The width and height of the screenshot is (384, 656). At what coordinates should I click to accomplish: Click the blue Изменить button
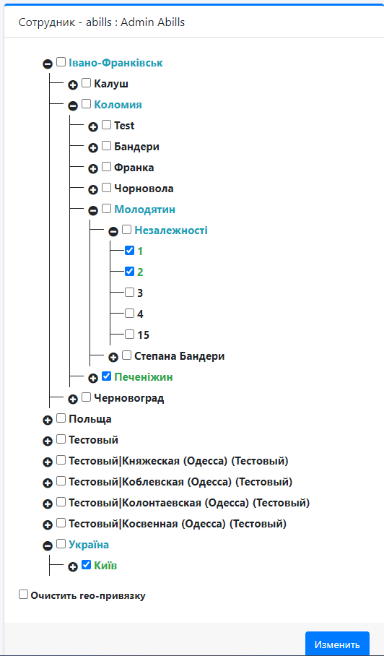point(337,644)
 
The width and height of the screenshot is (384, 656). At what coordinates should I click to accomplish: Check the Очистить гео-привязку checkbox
point(23,595)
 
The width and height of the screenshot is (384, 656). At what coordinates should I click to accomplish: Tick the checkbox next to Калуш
point(86,83)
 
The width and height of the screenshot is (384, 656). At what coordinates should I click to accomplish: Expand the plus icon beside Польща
point(48,420)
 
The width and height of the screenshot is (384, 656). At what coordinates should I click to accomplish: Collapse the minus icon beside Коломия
point(73,106)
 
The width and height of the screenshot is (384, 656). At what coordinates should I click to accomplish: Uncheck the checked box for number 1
point(129,250)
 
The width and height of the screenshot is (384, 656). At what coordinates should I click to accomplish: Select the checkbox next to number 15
point(129,334)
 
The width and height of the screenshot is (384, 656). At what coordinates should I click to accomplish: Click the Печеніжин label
point(144,377)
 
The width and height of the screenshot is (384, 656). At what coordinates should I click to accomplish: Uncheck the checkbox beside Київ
point(86,564)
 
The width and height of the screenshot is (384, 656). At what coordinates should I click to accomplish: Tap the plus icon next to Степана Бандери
point(113,358)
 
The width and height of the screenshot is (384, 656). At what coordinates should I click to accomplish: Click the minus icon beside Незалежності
point(113,231)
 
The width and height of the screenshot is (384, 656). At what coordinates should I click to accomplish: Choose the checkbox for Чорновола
point(107,187)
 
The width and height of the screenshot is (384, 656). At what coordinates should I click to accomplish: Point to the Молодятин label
point(144,209)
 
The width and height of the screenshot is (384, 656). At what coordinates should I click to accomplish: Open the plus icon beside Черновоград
point(73,399)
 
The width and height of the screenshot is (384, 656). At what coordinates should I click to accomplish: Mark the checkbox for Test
point(107,125)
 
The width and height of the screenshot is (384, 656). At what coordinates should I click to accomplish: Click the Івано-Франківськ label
point(115,63)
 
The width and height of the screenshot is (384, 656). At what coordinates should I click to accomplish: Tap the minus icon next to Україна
point(48,545)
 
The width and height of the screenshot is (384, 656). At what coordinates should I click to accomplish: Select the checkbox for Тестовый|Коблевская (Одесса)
point(61,480)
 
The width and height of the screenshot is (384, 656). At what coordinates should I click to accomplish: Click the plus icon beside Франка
point(93,168)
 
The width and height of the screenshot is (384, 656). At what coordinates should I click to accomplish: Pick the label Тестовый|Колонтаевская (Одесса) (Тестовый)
point(189,502)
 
